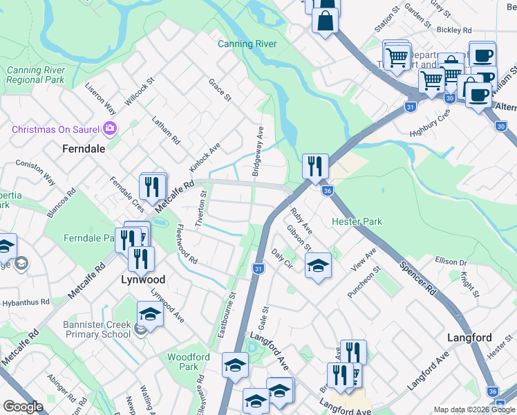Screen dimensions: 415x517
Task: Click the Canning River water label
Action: [x=247, y=44]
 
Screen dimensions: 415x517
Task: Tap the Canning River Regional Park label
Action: [x=35, y=75]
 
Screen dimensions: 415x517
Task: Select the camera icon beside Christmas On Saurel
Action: [x=109, y=128]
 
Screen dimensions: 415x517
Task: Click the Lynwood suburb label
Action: [x=143, y=279]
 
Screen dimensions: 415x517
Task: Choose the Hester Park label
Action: [x=357, y=222]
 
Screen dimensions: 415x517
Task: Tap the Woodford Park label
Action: [x=188, y=362]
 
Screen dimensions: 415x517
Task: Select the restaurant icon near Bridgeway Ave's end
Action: [x=314, y=166]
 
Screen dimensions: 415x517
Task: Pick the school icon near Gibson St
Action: [x=317, y=266]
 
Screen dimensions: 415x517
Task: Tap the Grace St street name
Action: [x=219, y=91]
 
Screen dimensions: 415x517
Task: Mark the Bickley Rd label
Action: [x=453, y=30]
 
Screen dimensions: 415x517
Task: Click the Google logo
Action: [x=23, y=407]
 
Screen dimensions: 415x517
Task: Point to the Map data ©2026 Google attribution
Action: [x=474, y=409]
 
